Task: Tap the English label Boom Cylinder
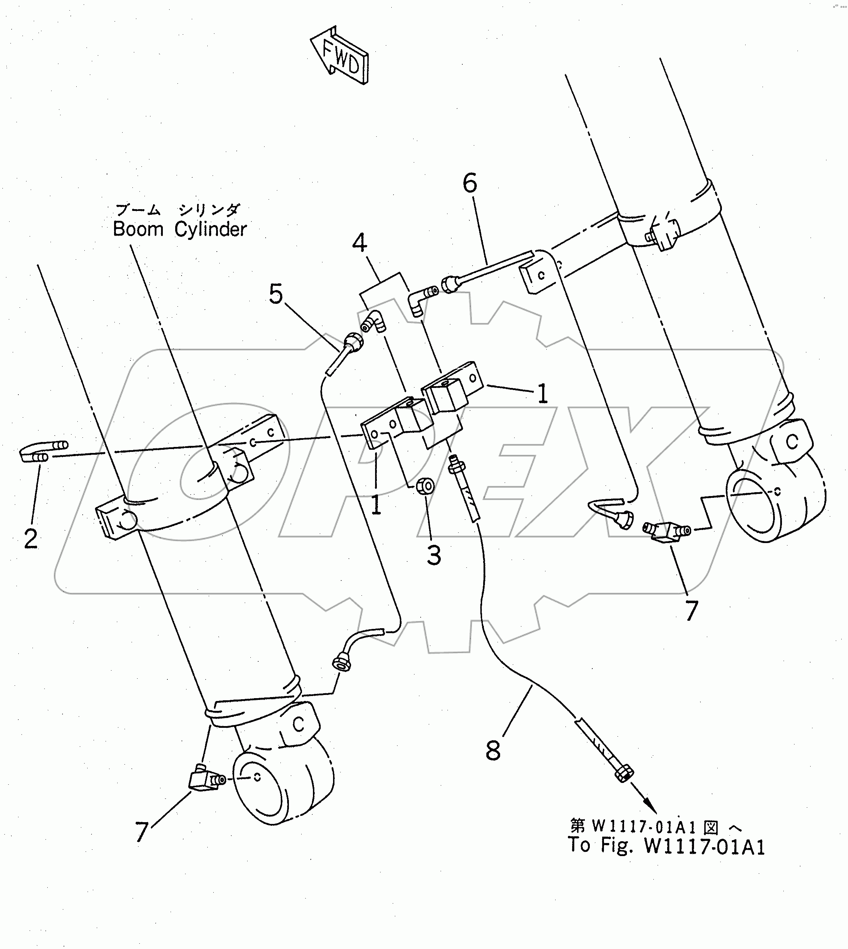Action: [x=180, y=229]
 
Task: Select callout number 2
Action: [x=31, y=539]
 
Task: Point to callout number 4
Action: [x=359, y=243]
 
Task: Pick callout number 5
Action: [x=276, y=295]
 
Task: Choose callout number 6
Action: [x=470, y=183]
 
